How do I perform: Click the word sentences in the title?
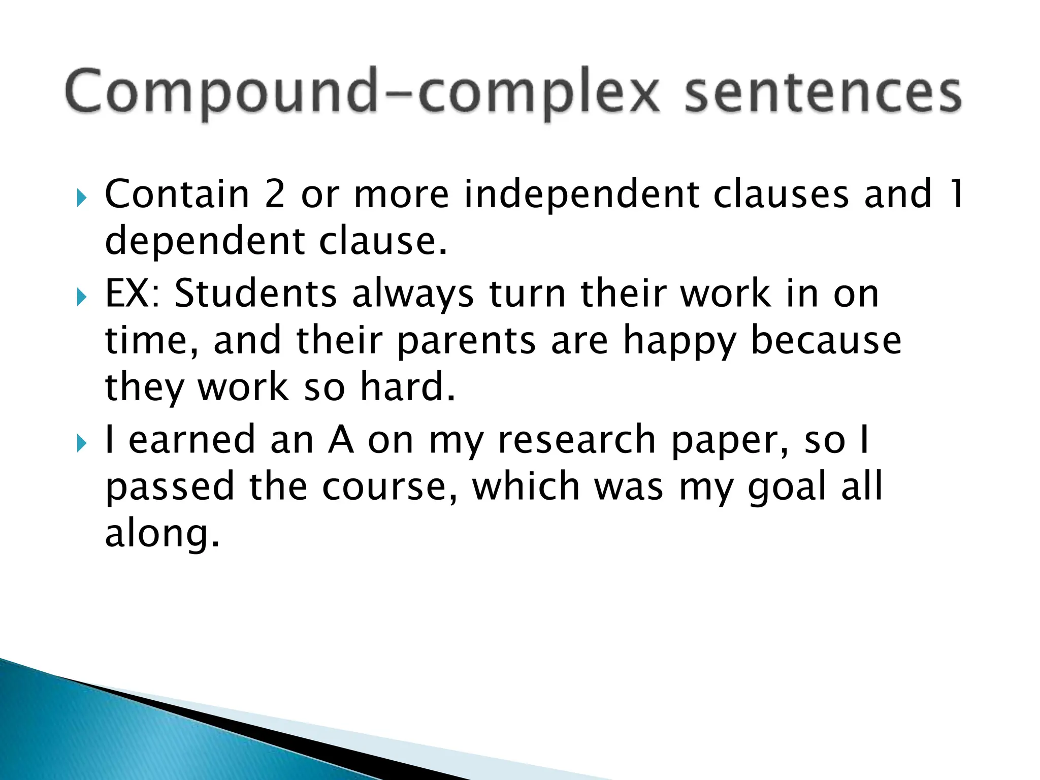click(x=823, y=94)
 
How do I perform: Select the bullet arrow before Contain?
click(x=81, y=198)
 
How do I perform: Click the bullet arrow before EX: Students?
click(x=81, y=298)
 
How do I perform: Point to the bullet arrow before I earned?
click(x=81, y=444)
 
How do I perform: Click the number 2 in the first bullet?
click(x=274, y=194)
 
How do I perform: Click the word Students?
click(x=256, y=294)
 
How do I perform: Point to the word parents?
click(x=466, y=341)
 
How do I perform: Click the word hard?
click(x=407, y=387)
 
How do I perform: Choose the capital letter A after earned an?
click(x=341, y=440)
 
